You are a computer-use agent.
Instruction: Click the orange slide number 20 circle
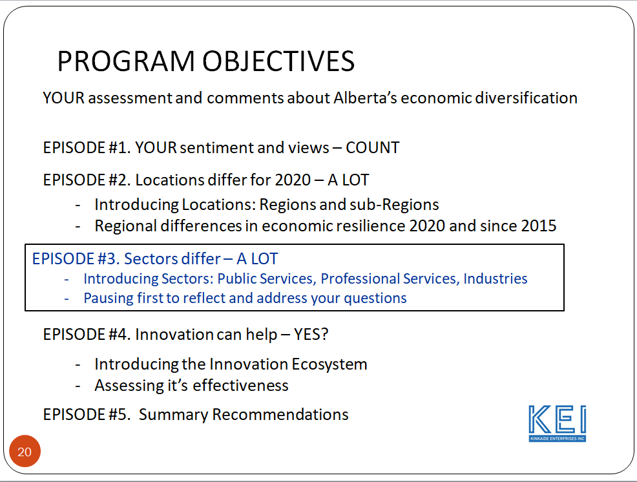click(25, 451)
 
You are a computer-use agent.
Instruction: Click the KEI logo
click(558, 423)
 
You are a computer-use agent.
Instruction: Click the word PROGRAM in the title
click(126, 61)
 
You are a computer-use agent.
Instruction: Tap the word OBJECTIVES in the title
click(278, 61)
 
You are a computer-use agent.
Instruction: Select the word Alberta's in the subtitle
click(365, 98)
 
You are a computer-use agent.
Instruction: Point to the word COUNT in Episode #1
click(373, 147)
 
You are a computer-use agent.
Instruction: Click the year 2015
click(539, 226)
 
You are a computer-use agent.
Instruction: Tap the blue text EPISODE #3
click(76, 259)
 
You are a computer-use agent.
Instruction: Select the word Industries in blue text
click(496, 278)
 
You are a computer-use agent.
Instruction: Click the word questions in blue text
click(375, 299)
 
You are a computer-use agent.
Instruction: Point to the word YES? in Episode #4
click(311, 335)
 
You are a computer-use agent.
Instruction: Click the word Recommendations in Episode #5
click(280, 415)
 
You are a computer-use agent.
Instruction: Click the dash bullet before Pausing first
click(67, 299)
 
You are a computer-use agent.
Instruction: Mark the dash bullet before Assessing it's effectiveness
click(78, 386)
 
